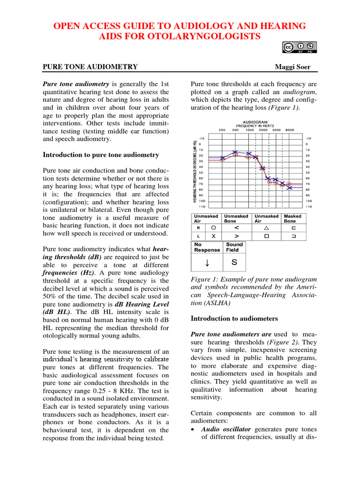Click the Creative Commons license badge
(x=300, y=47)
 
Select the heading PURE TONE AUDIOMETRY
(x=90, y=67)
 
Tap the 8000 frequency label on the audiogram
(x=290, y=130)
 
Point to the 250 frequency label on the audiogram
(x=222, y=130)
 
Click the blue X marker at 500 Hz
(x=235, y=152)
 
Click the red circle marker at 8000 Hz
(x=289, y=183)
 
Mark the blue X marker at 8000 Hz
(x=290, y=187)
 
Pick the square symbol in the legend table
(x=266, y=236)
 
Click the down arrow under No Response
(x=207, y=262)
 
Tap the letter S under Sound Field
(x=234, y=262)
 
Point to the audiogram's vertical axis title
(x=195, y=171)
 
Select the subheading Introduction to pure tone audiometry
(x=101, y=155)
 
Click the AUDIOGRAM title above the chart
(x=255, y=121)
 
